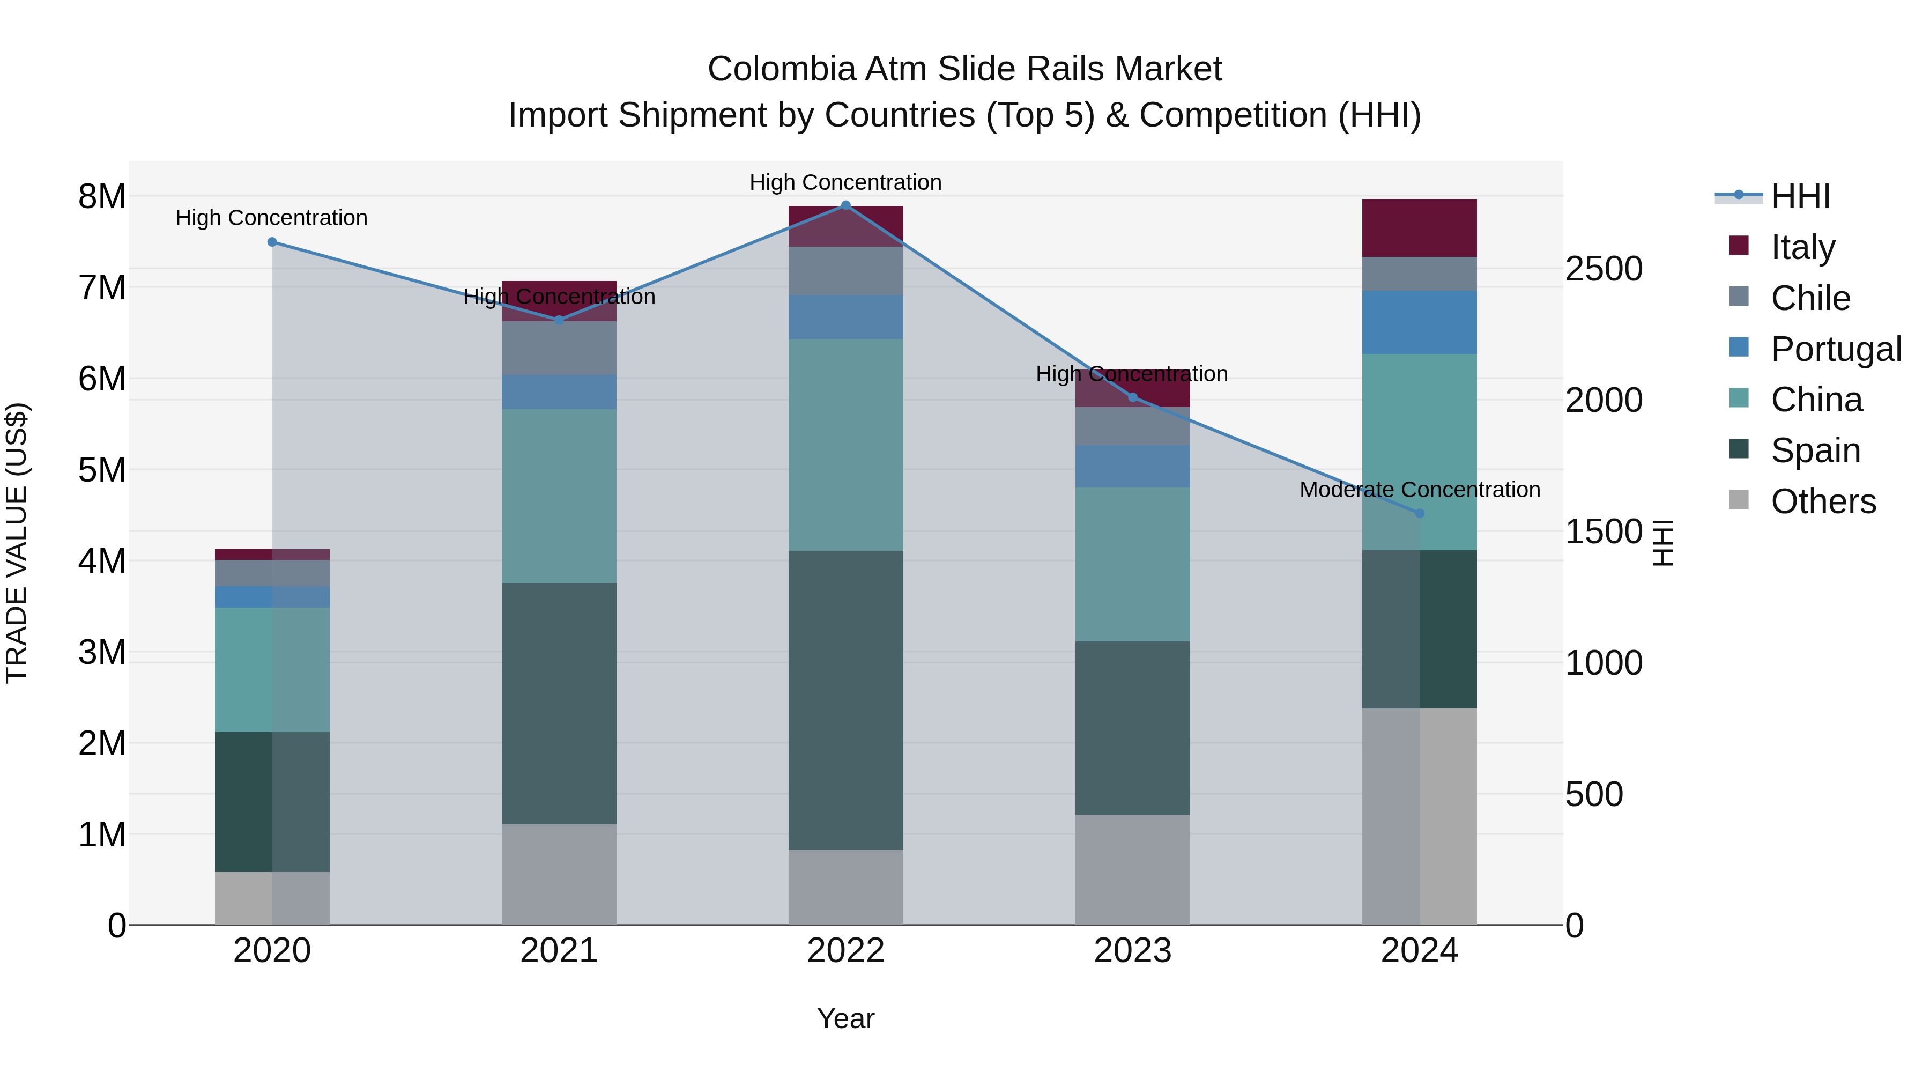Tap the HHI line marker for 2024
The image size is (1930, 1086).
pyautogui.click(x=1419, y=513)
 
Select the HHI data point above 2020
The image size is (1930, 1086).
pyautogui.click(x=272, y=242)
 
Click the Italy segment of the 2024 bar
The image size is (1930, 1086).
pyautogui.click(x=1419, y=228)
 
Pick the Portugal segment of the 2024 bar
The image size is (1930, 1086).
pyautogui.click(x=1419, y=322)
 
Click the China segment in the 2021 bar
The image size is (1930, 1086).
pyautogui.click(x=559, y=496)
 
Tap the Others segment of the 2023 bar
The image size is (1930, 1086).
pyautogui.click(x=1132, y=869)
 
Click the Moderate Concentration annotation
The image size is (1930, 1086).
pyautogui.click(x=1419, y=490)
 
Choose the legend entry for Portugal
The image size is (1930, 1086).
pyautogui.click(x=1836, y=349)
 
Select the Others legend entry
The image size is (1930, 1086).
pyautogui.click(x=1823, y=501)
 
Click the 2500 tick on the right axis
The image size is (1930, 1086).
pyautogui.click(x=1604, y=269)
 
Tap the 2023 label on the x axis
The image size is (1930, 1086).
pyautogui.click(x=1132, y=951)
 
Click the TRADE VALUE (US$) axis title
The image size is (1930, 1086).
pyautogui.click(x=17, y=543)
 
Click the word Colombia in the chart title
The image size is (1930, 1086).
pyautogui.click(x=782, y=69)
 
